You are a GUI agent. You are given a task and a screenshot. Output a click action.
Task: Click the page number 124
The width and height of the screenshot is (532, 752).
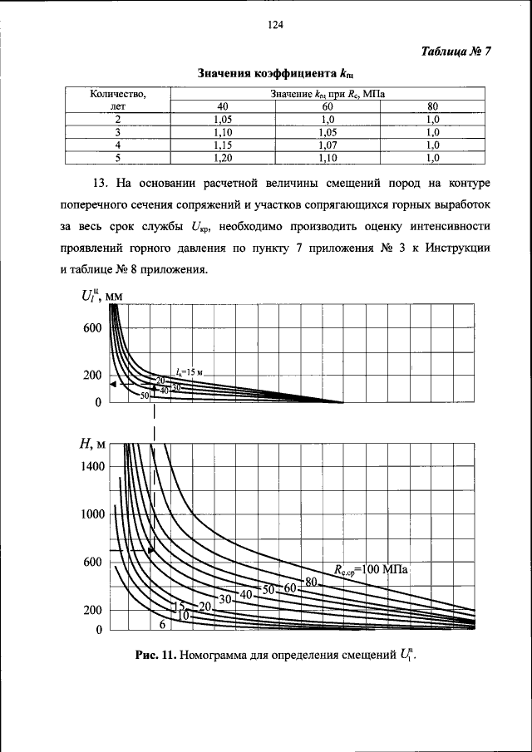[276, 26]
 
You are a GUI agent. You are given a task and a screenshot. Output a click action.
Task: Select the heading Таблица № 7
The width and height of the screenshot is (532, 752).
[455, 51]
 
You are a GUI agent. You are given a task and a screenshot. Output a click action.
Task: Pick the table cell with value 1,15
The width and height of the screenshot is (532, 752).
[222, 144]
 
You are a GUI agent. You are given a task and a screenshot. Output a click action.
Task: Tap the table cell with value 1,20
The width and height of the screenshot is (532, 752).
[222, 156]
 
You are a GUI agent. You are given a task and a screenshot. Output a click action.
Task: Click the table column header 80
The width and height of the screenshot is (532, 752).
[431, 106]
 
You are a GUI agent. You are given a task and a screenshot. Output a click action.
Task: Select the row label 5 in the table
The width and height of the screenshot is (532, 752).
[118, 156]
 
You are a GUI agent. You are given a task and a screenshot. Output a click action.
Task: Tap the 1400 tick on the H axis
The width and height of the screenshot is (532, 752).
[92, 467]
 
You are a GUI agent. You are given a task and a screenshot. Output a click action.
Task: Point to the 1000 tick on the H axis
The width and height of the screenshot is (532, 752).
[92, 514]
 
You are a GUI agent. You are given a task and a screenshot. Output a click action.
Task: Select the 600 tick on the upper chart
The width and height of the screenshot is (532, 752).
[92, 328]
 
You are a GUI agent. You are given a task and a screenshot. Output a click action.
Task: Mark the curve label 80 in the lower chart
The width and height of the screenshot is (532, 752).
[312, 581]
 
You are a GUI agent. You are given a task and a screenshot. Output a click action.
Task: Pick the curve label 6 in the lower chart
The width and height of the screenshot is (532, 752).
[163, 624]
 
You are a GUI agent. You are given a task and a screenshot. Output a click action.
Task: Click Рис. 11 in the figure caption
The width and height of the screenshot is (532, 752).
[155, 655]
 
